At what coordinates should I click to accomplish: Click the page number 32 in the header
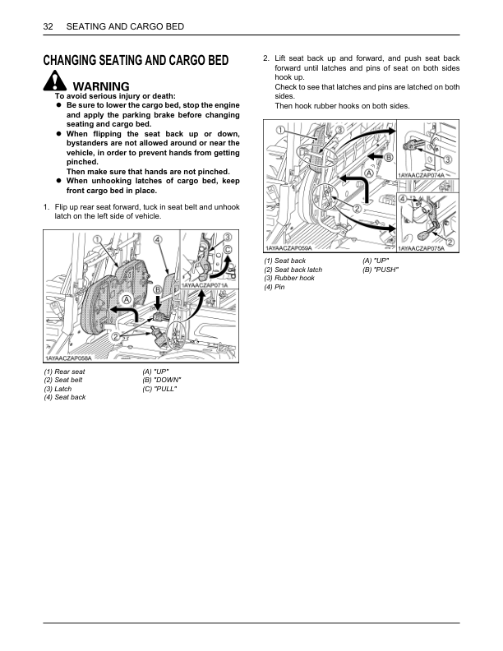[47, 27]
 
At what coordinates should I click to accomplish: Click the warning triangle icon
[54, 83]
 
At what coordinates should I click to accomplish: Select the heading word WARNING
[101, 86]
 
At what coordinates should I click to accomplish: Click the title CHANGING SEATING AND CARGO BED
[136, 60]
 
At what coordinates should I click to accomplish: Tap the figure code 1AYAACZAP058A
[67, 358]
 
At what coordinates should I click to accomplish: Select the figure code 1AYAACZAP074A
[422, 175]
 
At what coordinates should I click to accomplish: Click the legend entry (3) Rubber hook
[289, 279]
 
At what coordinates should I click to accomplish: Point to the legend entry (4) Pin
[275, 287]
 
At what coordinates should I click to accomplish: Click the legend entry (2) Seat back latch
[293, 270]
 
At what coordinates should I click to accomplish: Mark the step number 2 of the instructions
[265, 58]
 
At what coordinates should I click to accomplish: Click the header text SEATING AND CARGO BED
[124, 27]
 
